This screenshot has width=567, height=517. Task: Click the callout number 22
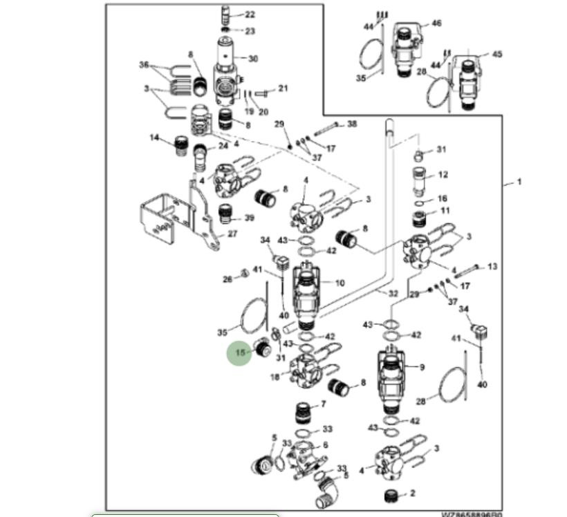pos(250,15)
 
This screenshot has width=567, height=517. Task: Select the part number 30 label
pos(253,59)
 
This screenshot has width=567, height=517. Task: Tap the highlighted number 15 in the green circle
pos(240,352)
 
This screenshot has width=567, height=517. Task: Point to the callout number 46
pos(436,23)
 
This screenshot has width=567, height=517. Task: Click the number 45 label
pos(496,55)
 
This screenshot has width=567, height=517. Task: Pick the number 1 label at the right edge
pos(519,182)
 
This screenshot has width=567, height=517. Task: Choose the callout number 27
pos(232,234)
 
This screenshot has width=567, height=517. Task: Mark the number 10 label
pos(340,283)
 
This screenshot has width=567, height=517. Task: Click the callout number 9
pos(422,367)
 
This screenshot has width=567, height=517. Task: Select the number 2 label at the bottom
pos(413,493)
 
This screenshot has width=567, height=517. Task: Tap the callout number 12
pos(443,175)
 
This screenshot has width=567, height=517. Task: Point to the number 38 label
pos(352,124)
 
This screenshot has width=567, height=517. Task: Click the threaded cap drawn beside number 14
pos(183,145)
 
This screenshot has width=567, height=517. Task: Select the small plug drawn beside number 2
pos(391,496)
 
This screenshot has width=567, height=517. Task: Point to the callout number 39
pos(249,218)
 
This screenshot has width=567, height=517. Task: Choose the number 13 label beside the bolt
pos(492,266)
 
